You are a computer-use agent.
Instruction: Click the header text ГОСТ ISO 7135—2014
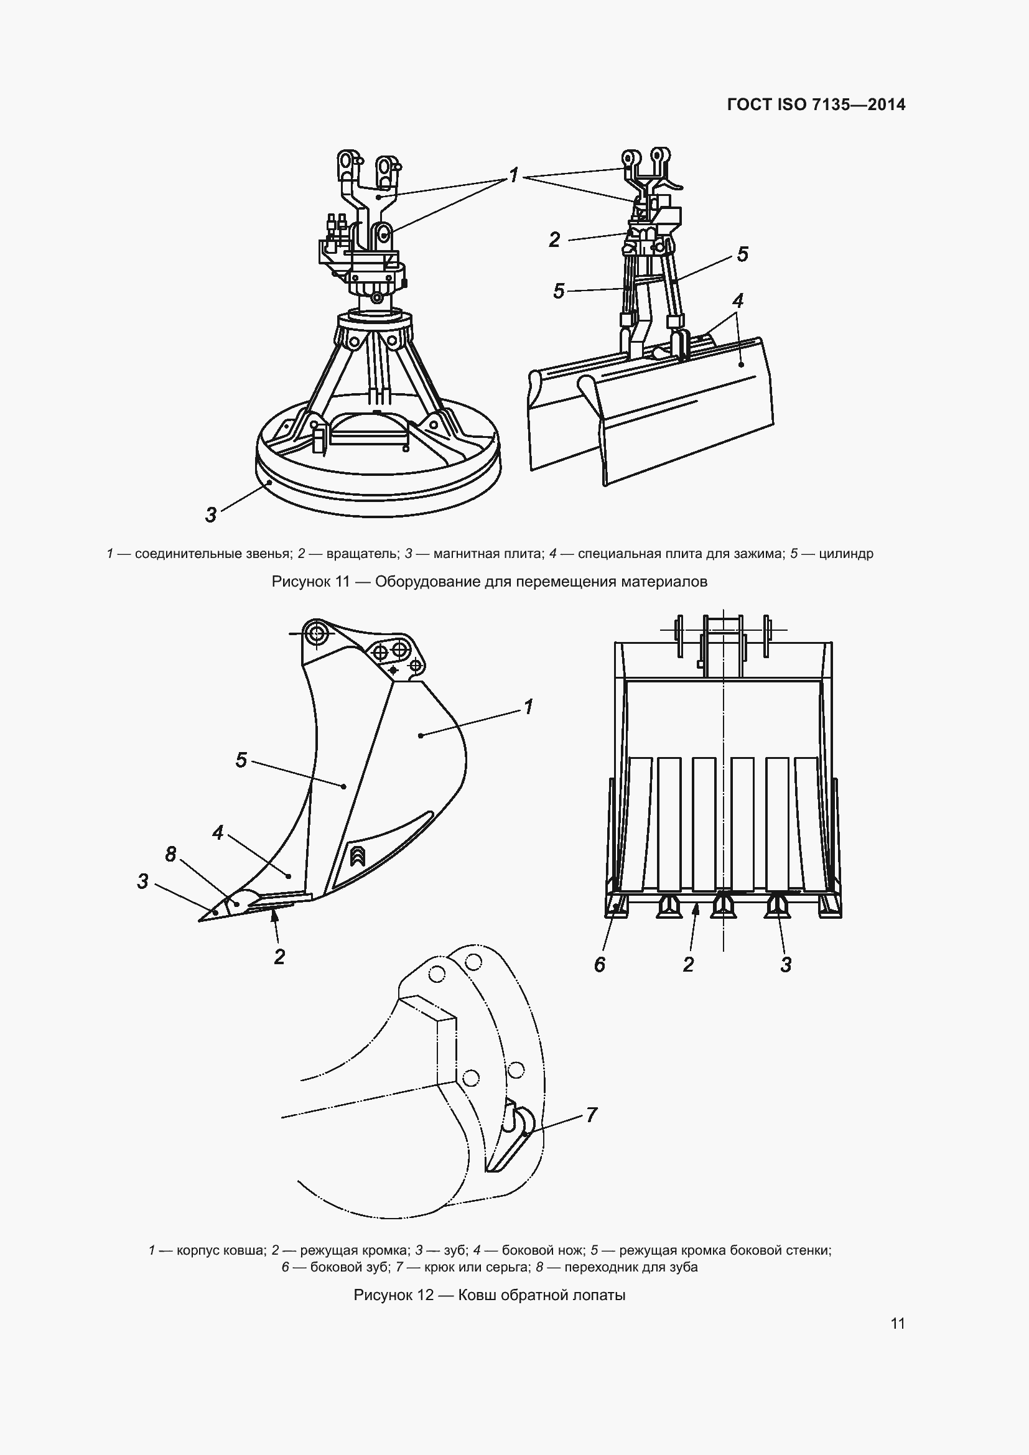click(x=816, y=105)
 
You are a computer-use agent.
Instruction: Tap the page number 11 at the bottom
click(x=897, y=1323)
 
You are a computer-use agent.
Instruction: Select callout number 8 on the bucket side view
click(x=170, y=854)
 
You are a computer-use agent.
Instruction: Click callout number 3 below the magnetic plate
click(x=211, y=514)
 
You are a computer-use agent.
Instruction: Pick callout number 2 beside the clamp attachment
click(x=554, y=239)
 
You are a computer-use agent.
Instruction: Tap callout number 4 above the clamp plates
click(x=738, y=300)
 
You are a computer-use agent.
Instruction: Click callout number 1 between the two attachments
click(x=514, y=174)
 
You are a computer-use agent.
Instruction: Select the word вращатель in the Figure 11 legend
click(x=363, y=554)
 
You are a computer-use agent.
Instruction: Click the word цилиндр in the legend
click(x=846, y=554)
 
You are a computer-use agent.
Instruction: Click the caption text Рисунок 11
click(x=310, y=582)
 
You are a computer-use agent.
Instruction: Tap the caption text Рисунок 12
click(x=393, y=1295)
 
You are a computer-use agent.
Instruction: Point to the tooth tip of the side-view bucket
click(x=200, y=921)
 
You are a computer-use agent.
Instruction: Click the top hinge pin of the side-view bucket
click(x=315, y=633)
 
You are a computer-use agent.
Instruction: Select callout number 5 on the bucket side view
click(x=241, y=760)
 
